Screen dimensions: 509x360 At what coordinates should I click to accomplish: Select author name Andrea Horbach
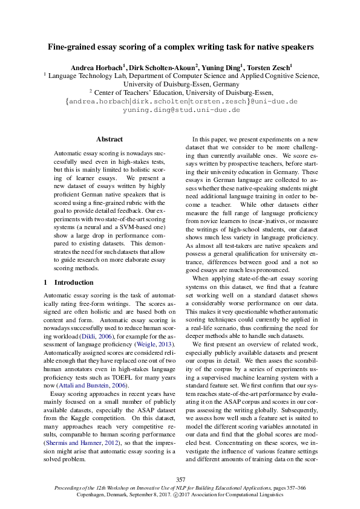point(97,66)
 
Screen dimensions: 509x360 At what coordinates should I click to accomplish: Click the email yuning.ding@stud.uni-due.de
point(181,110)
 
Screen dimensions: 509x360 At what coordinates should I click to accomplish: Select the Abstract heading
point(110,139)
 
